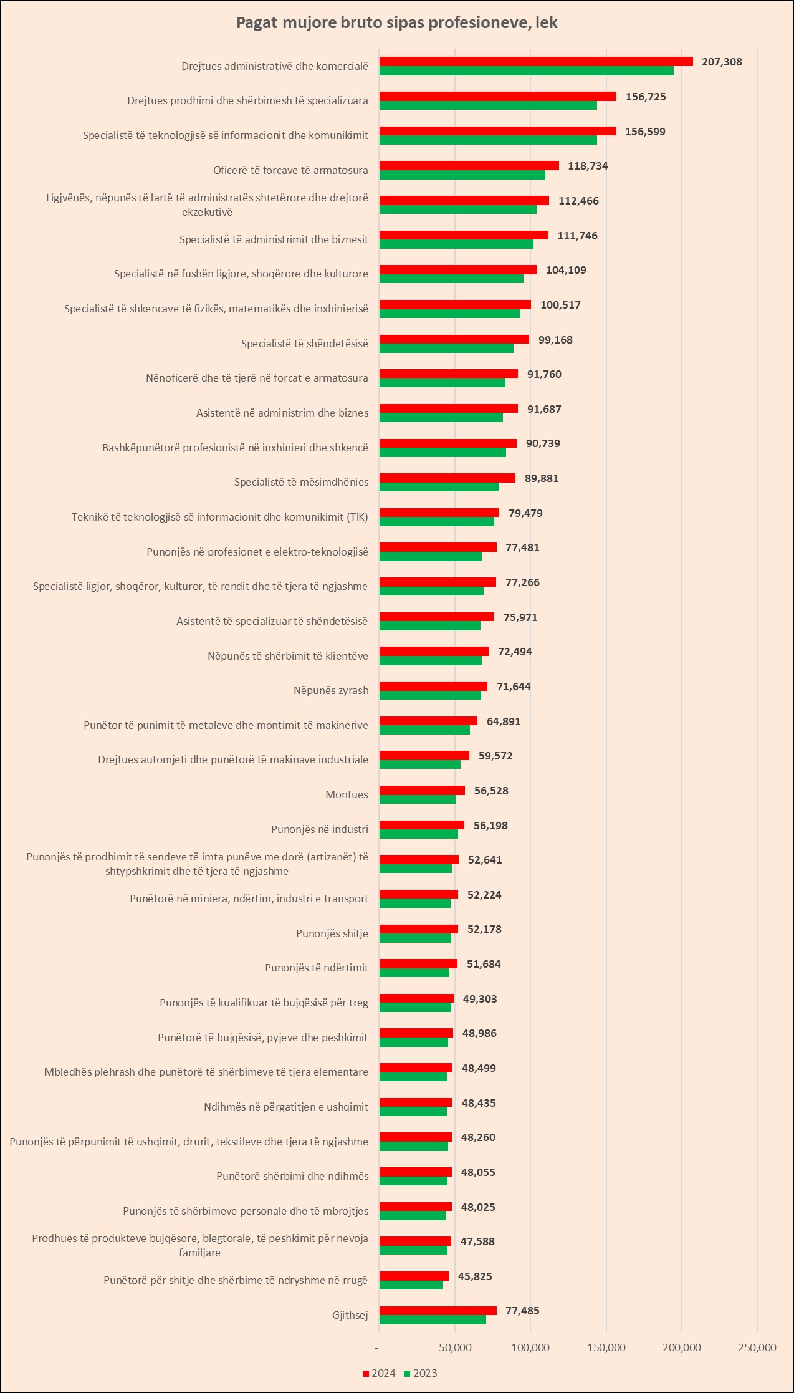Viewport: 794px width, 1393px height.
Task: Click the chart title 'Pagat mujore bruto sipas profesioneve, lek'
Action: (x=396, y=23)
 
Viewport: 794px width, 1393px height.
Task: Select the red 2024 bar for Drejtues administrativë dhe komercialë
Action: (x=536, y=61)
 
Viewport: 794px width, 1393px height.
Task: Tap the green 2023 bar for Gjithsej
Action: (x=433, y=1319)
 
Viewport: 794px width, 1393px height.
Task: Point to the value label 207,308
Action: (x=722, y=62)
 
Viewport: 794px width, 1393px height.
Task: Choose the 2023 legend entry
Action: (x=421, y=1373)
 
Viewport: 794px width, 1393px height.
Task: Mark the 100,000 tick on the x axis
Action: (x=530, y=1347)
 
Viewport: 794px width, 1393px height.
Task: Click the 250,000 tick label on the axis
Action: (x=757, y=1347)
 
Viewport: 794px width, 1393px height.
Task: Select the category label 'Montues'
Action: (x=347, y=794)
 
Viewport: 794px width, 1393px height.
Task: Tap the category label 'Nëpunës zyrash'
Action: (x=331, y=690)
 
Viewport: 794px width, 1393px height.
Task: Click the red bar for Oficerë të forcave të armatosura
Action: (x=469, y=165)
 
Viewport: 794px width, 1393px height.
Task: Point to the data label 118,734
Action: (x=588, y=166)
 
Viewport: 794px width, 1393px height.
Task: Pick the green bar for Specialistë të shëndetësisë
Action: (x=446, y=349)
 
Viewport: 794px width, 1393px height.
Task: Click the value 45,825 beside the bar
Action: (x=475, y=1276)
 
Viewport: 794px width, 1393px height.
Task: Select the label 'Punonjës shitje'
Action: (x=332, y=933)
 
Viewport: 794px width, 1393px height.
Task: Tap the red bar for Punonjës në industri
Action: (x=421, y=825)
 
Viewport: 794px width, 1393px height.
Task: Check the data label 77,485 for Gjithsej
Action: (x=522, y=1311)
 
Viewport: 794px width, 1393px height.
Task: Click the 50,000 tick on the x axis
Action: (x=455, y=1347)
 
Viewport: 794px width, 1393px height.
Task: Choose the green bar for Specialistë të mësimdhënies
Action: (x=439, y=487)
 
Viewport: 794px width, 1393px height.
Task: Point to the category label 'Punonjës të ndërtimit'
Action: (x=317, y=968)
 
